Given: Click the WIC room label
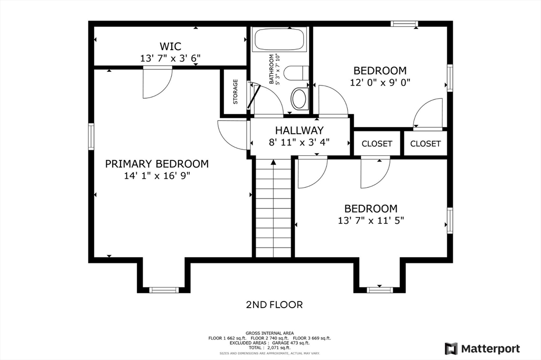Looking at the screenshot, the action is click(x=170, y=46).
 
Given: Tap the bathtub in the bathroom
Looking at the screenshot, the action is click(x=280, y=39).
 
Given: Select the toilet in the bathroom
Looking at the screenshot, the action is click(x=296, y=73).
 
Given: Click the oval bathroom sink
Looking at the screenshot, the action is click(x=300, y=99).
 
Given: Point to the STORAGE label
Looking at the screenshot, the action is click(x=235, y=92).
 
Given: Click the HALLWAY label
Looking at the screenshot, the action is click(x=300, y=130).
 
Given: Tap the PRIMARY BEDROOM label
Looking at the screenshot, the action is click(x=157, y=164).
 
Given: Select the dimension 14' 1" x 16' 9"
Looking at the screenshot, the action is click(x=157, y=176).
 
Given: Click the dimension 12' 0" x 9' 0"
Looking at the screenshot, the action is click(x=380, y=83).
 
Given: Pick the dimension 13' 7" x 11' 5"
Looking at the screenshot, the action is click(x=371, y=220).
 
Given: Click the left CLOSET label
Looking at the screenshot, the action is click(x=377, y=144).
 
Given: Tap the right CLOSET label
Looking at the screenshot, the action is click(x=425, y=144).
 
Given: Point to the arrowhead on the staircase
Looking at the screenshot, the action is click(x=274, y=162).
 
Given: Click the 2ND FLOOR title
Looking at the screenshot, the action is click(x=274, y=305).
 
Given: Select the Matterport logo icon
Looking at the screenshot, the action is click(x=451, y=348).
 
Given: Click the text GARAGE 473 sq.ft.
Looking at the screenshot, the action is click(x=291, y=343).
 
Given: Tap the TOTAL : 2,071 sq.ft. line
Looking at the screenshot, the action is click(x=269, y=348).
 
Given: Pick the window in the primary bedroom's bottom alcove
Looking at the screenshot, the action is click(x=164, y=290).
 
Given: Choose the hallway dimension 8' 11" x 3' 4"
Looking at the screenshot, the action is click(x=300, y=142).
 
